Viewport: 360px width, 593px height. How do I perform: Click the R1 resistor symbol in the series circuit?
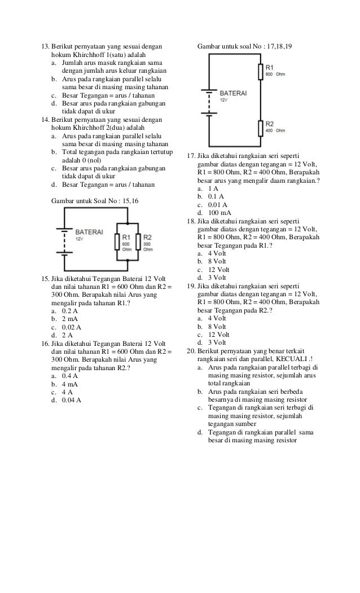(260, 72)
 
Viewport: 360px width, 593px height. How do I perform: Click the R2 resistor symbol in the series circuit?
(260, 128)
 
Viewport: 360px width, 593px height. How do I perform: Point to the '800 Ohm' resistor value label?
(276, 74)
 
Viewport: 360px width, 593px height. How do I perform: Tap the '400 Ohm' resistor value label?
(276, 130)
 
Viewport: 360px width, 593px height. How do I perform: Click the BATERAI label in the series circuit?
(234, 92)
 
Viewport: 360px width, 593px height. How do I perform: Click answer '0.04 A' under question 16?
(71, 400)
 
